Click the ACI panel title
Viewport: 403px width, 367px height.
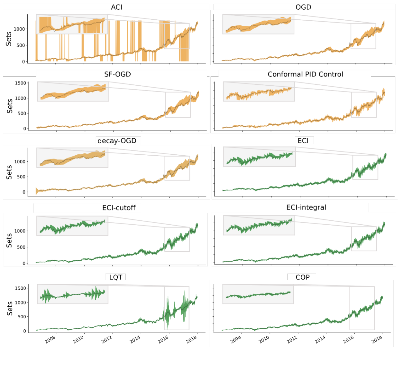116,7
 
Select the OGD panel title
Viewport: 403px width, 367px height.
303,7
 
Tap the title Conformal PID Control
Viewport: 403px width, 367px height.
305,74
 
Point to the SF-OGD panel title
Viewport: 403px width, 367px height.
117,74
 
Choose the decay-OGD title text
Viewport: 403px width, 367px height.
117,141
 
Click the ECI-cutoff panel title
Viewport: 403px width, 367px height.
119,208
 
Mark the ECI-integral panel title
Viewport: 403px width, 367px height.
306,208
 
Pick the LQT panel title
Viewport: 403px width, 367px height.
115,277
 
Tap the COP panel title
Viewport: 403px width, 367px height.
302,277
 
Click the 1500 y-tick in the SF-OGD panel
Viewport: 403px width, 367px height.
21,83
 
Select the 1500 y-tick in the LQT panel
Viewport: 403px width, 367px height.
21,288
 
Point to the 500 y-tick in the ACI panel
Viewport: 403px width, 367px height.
21,45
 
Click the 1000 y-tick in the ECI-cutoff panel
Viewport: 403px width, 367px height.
20,231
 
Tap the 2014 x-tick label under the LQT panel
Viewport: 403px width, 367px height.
135,339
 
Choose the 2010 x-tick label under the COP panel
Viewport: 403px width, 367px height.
264,339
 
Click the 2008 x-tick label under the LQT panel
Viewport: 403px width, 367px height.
50,339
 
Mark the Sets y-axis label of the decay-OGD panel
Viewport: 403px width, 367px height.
9,172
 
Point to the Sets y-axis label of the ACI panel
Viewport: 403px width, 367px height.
9,39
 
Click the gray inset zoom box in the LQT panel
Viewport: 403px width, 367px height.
72,294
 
